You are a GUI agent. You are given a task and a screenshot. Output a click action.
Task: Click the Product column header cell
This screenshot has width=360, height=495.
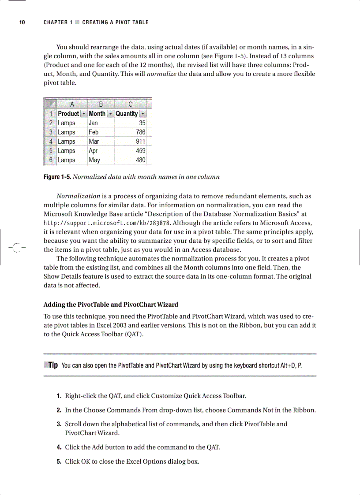pyautogui.click(x=68, y=114)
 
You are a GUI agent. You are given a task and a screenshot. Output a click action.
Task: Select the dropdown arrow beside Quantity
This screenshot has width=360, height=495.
pyautogui.click(x=142, y=114)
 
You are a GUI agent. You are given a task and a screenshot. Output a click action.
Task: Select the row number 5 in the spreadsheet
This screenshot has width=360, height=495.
pyautogui.click(x=51, y=151)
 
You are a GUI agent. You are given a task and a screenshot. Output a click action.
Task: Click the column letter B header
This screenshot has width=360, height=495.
pyautogui.click(x=101, y=104)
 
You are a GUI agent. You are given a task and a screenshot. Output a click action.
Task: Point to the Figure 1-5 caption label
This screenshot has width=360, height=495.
pyautogui.click(x=57, y=177)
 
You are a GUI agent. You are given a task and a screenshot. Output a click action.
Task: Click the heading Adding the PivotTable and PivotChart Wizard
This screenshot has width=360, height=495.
pyautogui.click(x=111, y=305)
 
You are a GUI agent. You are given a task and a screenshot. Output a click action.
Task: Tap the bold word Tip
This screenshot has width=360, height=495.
pyautogui.click(x=53, y=365)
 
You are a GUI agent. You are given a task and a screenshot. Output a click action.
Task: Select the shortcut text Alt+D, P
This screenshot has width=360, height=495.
pyautogui.click(x=291, y=365)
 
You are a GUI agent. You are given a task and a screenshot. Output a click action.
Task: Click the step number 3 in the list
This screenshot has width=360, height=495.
pyautogui.click(x=59, y=424)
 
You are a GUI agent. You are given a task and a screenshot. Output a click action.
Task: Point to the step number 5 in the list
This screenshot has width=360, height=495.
pyautogui.click(x=59, y=462)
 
